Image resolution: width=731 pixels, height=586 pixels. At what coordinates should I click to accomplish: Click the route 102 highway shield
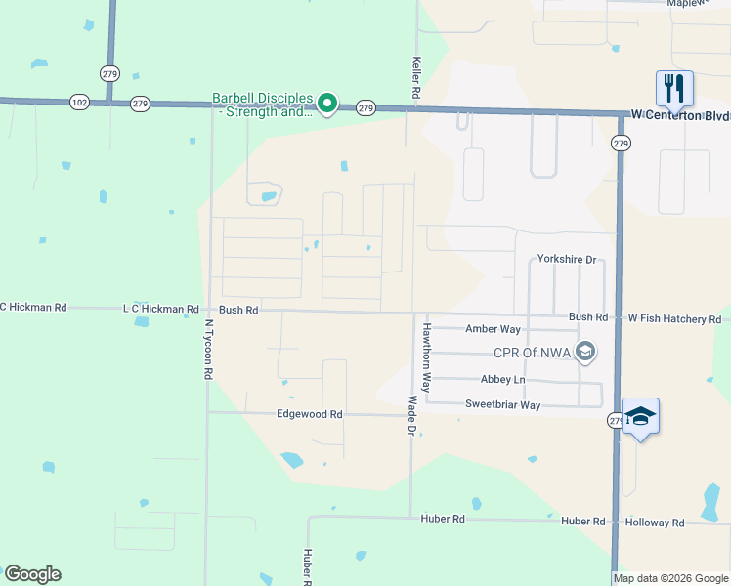click(79, 101)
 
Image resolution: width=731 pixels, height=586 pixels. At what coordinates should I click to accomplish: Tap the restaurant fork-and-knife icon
click(674, 89)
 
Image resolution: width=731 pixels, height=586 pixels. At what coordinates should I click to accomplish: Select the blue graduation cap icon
click(640, 416)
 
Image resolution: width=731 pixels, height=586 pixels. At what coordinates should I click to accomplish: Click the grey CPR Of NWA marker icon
click(585, 352)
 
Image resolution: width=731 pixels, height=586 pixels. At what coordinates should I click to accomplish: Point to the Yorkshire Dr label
click(567, 260)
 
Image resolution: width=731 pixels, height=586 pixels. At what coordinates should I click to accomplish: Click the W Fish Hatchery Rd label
click(674, 319)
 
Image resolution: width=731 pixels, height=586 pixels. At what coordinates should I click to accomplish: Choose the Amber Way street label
click(494, 330)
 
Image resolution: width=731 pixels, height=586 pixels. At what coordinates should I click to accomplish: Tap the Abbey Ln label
click(502, 380)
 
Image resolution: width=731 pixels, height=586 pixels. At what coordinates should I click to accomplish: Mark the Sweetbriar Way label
click(502, 404)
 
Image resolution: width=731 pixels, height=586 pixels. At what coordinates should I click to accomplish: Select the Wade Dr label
click(412, 416)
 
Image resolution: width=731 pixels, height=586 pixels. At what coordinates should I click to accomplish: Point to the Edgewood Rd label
click(310, 414)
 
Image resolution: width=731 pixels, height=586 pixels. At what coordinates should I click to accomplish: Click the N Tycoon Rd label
click(208, 349)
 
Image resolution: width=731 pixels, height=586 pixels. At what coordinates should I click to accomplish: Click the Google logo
click(32, 574)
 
